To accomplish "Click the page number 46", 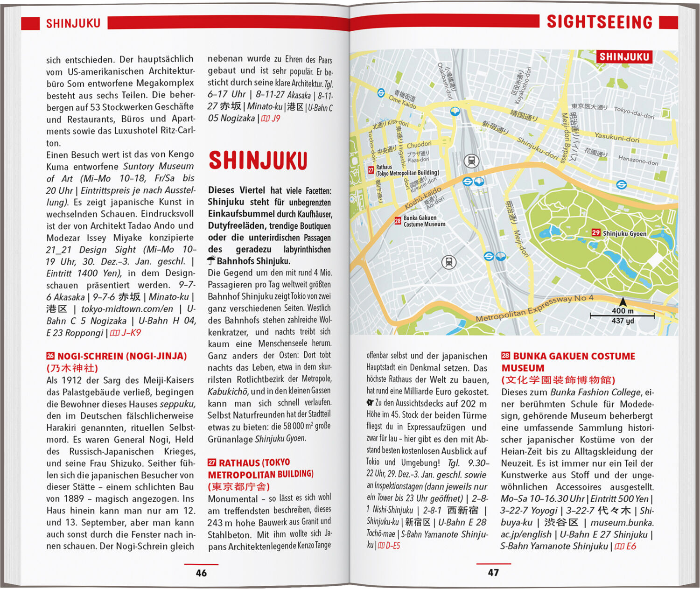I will pos(201,573).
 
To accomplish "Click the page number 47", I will pos(493,572).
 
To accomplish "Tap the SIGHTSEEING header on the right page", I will pos(599,22).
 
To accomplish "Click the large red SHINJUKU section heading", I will pos(258,161).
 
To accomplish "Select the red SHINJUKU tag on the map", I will pos(624,57).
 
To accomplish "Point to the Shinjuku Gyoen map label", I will pos(624,233).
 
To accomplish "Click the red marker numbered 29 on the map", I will pos(596,232).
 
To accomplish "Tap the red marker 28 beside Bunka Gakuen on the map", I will pos(398,221).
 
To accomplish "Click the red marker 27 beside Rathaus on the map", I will pos(371,170).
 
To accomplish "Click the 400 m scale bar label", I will pos(623,311).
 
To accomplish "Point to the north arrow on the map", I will pos(623,302).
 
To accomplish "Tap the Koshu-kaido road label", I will pos(423,198).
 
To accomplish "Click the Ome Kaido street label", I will pos(402,101).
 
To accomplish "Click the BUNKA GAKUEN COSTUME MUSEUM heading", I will pos(568,362).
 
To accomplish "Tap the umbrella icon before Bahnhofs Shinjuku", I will pos(211,260).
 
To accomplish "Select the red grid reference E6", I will pos(630,546).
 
